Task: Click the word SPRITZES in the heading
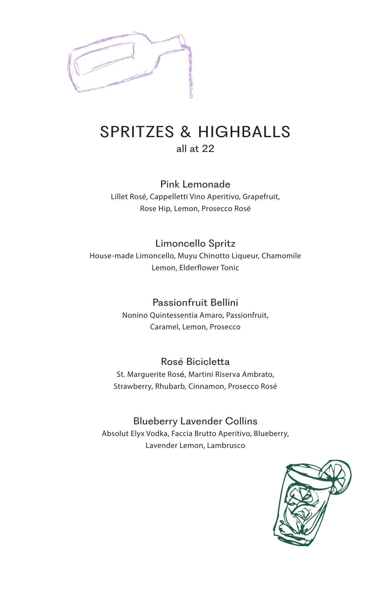point(137,131)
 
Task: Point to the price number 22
point(208,148)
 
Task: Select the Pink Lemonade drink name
point(195,184)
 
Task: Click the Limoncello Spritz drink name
point(195,243)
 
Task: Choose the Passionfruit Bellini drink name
point(195,302)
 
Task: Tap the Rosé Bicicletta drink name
point(195,361)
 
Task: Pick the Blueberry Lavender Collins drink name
point(195,421)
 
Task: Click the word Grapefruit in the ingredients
point(261,197)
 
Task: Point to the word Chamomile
point(281,256)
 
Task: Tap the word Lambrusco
point(226,445)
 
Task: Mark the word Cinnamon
point(206,386)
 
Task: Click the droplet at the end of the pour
point(191,95)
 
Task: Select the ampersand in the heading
point(186,131)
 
